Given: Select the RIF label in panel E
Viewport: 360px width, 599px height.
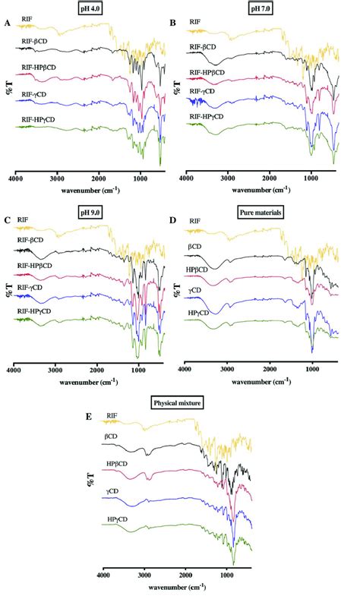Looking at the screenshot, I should (x=112, y=415).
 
